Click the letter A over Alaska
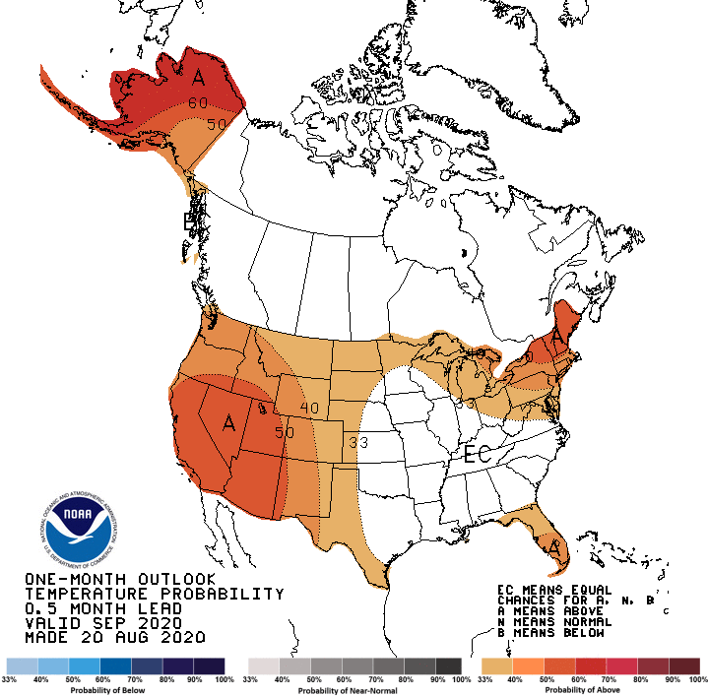pos(198,77)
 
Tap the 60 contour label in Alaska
pos(197,102)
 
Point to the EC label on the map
pos(478,456)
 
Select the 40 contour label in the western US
pos(310,408)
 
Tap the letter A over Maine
pos(557,338)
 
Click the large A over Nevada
pos(229,423)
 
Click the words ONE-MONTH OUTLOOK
pos(119,579)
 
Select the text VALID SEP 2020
pos(102,623)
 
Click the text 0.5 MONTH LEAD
pos(106,608)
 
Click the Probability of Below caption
pos(115,690)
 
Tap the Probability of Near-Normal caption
pos(354,690)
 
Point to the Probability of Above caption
pos(591,690)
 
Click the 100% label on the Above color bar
pos(697,679)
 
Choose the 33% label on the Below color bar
pos(10,679)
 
